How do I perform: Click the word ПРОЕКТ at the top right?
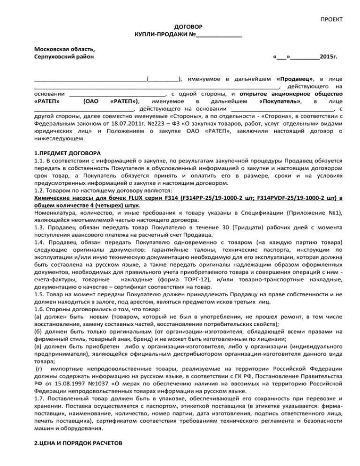point(331,19)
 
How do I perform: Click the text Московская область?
point(64,49)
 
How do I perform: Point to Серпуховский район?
point(64,57)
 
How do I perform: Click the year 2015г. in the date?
point(329,57)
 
